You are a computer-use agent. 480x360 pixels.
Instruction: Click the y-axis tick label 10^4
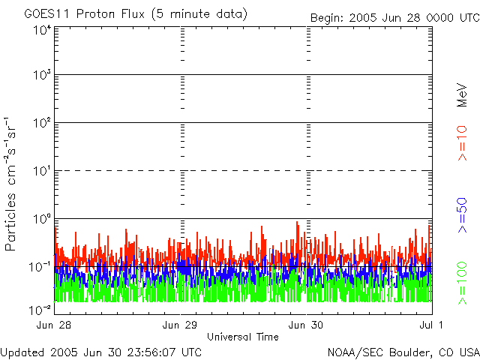click(x=42, y=31)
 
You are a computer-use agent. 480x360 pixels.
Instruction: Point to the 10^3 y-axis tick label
click(x=42, y=75)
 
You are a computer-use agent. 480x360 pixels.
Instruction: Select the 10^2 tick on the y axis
click(x=42, y=122)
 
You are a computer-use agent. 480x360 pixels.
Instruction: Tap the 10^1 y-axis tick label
click(x=42, y=170)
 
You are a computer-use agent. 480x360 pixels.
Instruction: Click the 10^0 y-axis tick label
click(x=42, y=218)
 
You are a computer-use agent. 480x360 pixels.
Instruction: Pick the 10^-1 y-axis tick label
click(x=40, y=266)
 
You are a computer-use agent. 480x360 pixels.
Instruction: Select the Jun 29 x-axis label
click(x=180, y=325)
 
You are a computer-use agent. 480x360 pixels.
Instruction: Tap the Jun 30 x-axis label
click(x=306, y=325)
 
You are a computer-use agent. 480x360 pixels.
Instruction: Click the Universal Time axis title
click(x=242, y=337)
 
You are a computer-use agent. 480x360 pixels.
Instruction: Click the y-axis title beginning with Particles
click(x=13, y=184)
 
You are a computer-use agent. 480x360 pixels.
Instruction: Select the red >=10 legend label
click(x=463, y=143)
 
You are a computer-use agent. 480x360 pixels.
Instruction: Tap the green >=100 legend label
click(x=463, y=282)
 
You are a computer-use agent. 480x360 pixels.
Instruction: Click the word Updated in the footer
click(x=22, y=352)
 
